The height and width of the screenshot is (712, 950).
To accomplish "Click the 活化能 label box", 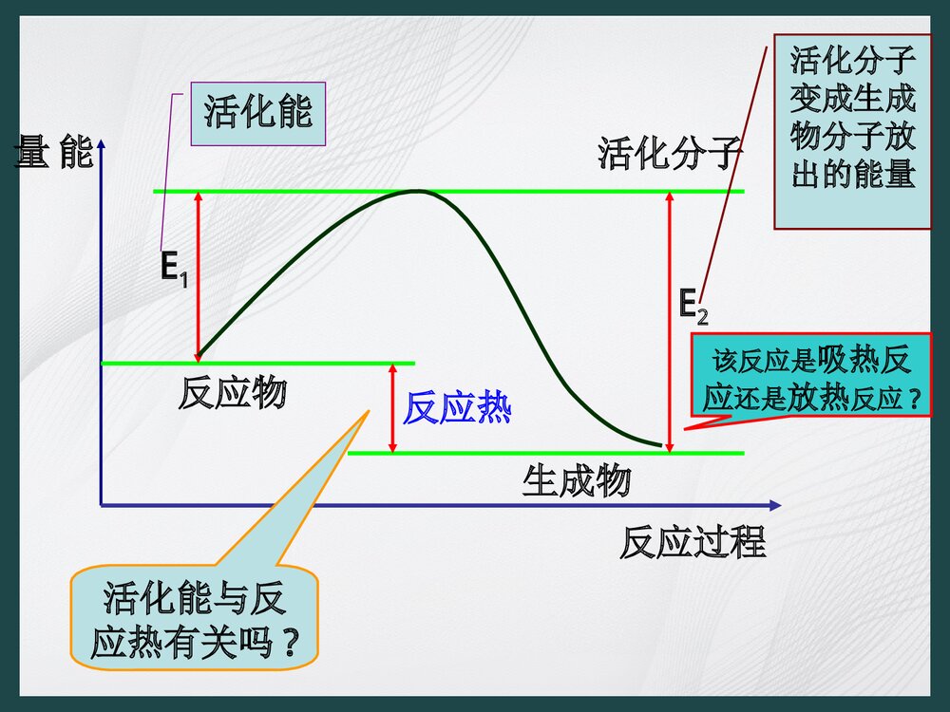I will pos(257,113).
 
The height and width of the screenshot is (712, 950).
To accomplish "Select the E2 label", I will pos(693,306).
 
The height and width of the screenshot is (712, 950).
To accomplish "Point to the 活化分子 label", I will pos(668,153).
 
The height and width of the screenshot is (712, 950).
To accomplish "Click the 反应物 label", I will pos(232,392).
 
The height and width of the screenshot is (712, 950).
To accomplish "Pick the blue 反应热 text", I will pos(457,409).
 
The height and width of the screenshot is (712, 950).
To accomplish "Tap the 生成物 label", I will pos(576,481).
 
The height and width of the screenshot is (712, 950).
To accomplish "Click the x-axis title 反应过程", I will pos(693,543).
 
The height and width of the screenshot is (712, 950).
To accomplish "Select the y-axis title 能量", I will pos(54,152).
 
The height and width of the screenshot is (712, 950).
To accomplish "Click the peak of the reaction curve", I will pos(415,192).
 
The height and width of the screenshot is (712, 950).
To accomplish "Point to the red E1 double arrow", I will pos(198,275).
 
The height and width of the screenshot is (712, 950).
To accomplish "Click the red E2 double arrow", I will pos(669,323).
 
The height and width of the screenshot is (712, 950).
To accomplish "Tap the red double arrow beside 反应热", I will pos(391,408).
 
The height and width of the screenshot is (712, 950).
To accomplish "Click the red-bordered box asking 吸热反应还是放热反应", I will pos(810,376).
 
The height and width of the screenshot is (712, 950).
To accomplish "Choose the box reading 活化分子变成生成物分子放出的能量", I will pos(852,132).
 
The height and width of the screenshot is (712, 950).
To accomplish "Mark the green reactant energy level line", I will pos(257,363).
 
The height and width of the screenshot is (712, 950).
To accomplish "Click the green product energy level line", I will pos(546,454).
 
